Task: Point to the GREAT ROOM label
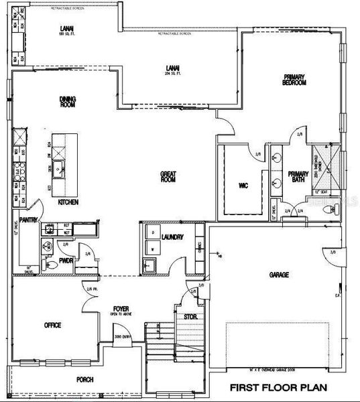pyautogui.click(x=168, y=177)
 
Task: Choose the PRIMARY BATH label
pyautogui.click(x=298, y=177)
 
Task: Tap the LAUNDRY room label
pyautogui.click(x=173, y=237)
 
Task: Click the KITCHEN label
pyautogui.click(x=68, y=202)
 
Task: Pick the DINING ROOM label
pyautogui.click(x=68, y=102)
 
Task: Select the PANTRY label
pyautogui.click(x=27, y=220)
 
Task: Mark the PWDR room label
pyautogui.click(x=65, y=261)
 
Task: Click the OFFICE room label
pyautogui.click(x=52, y=325)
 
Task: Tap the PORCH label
pyautogui.click(x=85, y=379)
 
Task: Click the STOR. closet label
pyautogui.click(x=190, y=315)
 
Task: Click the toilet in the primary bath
pyautogui.click(x=328, y=209)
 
